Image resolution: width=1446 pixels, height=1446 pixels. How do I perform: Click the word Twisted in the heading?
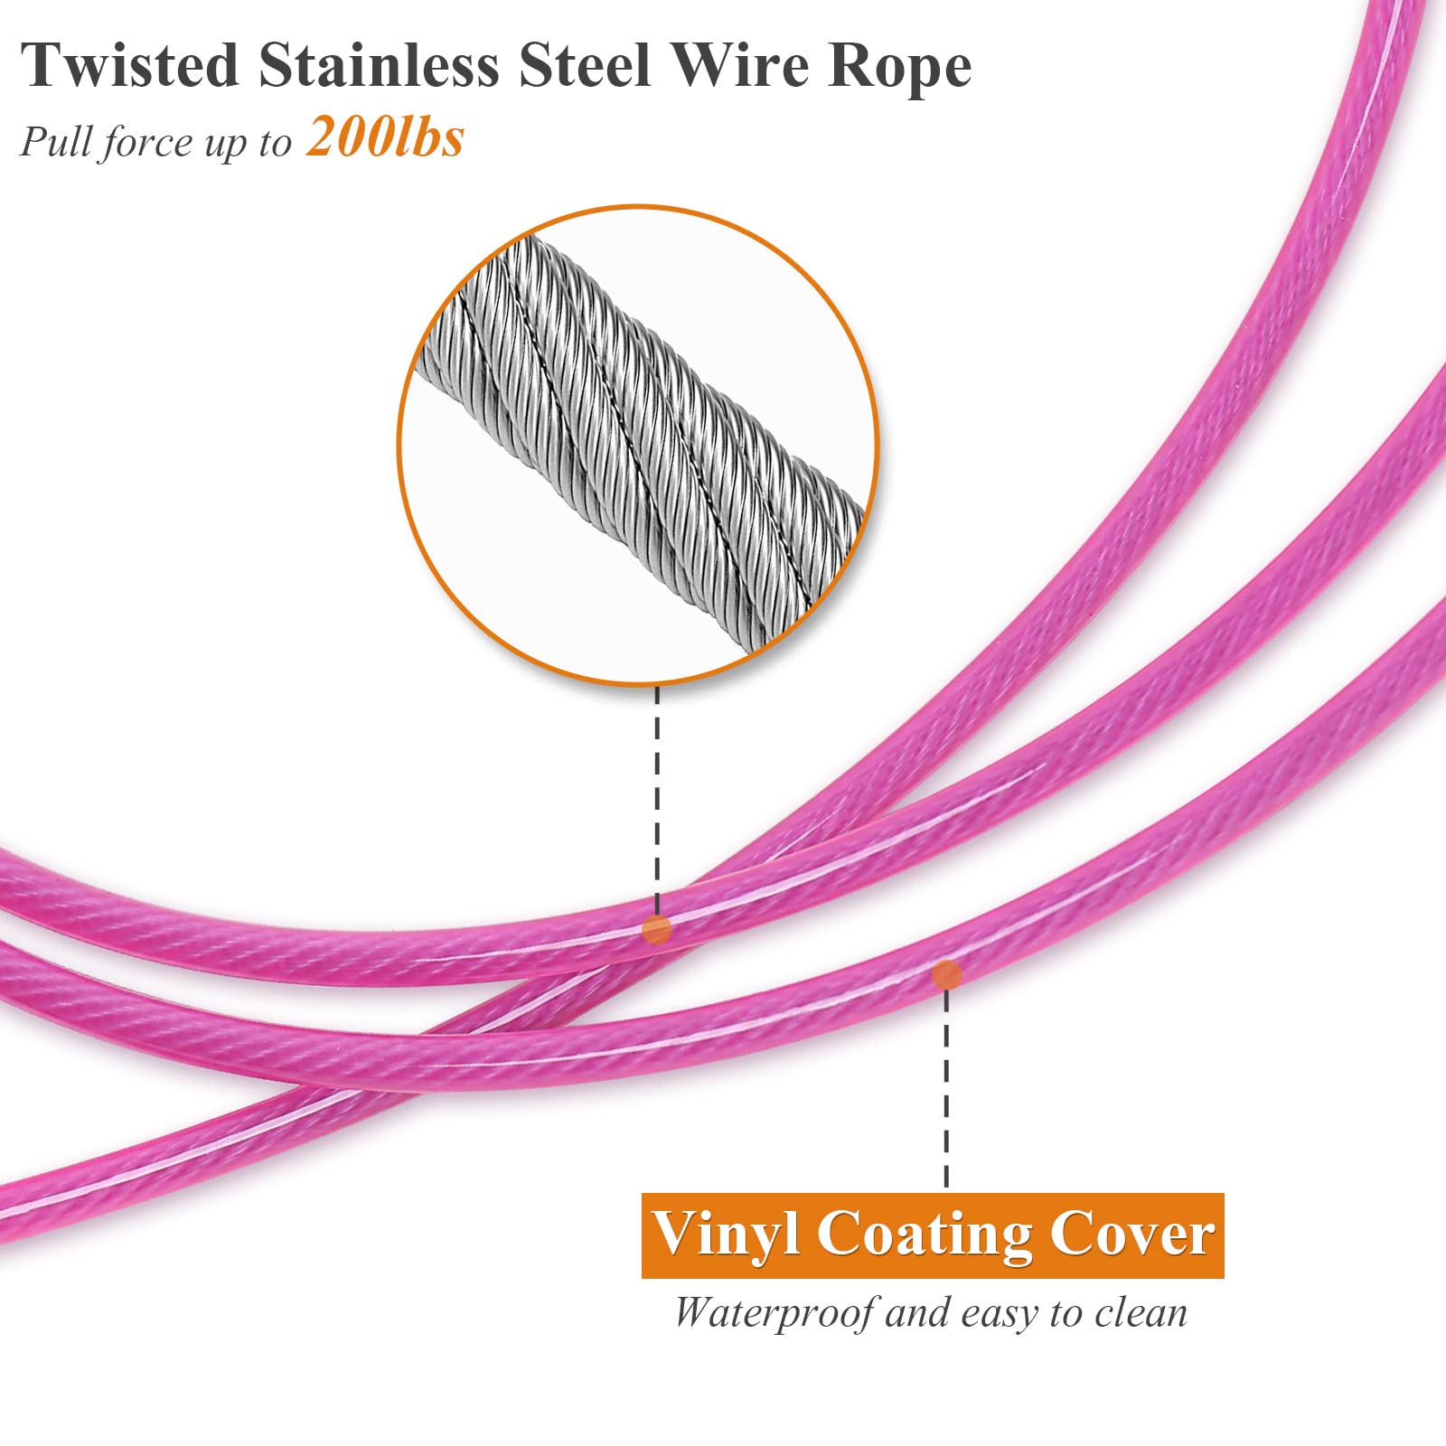coord(131,65)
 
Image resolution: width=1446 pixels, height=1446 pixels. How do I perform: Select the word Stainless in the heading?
coord(379,65)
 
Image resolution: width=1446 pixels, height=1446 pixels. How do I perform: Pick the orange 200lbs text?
coord(385,138)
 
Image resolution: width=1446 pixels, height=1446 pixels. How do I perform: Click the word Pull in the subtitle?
coord(55,142)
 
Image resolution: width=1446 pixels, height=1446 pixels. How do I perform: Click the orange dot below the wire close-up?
coord(657,929)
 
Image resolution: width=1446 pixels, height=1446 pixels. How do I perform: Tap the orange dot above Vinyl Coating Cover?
coord(946,974)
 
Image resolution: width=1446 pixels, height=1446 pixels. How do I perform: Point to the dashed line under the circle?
coord(657,800)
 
